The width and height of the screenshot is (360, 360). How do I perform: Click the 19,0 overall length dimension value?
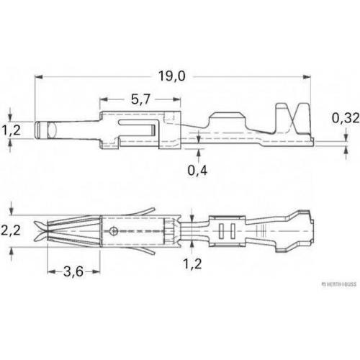coord(172,76)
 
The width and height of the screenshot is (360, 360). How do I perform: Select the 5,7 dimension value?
coord(140,99)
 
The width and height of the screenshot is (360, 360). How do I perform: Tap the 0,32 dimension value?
coord(346,118)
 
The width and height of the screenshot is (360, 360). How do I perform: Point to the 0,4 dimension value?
coord(197,171)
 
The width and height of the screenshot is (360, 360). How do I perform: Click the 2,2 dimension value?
coord(11,230)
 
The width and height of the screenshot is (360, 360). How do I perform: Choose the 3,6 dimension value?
coord(73,271)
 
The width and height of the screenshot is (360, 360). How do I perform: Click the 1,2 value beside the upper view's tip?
coord(11,130)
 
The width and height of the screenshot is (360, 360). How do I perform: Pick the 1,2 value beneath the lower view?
coord(192,264)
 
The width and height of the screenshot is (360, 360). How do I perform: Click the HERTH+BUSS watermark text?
coord(339,284)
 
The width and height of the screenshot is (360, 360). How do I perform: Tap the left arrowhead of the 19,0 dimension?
coord(39,77)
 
